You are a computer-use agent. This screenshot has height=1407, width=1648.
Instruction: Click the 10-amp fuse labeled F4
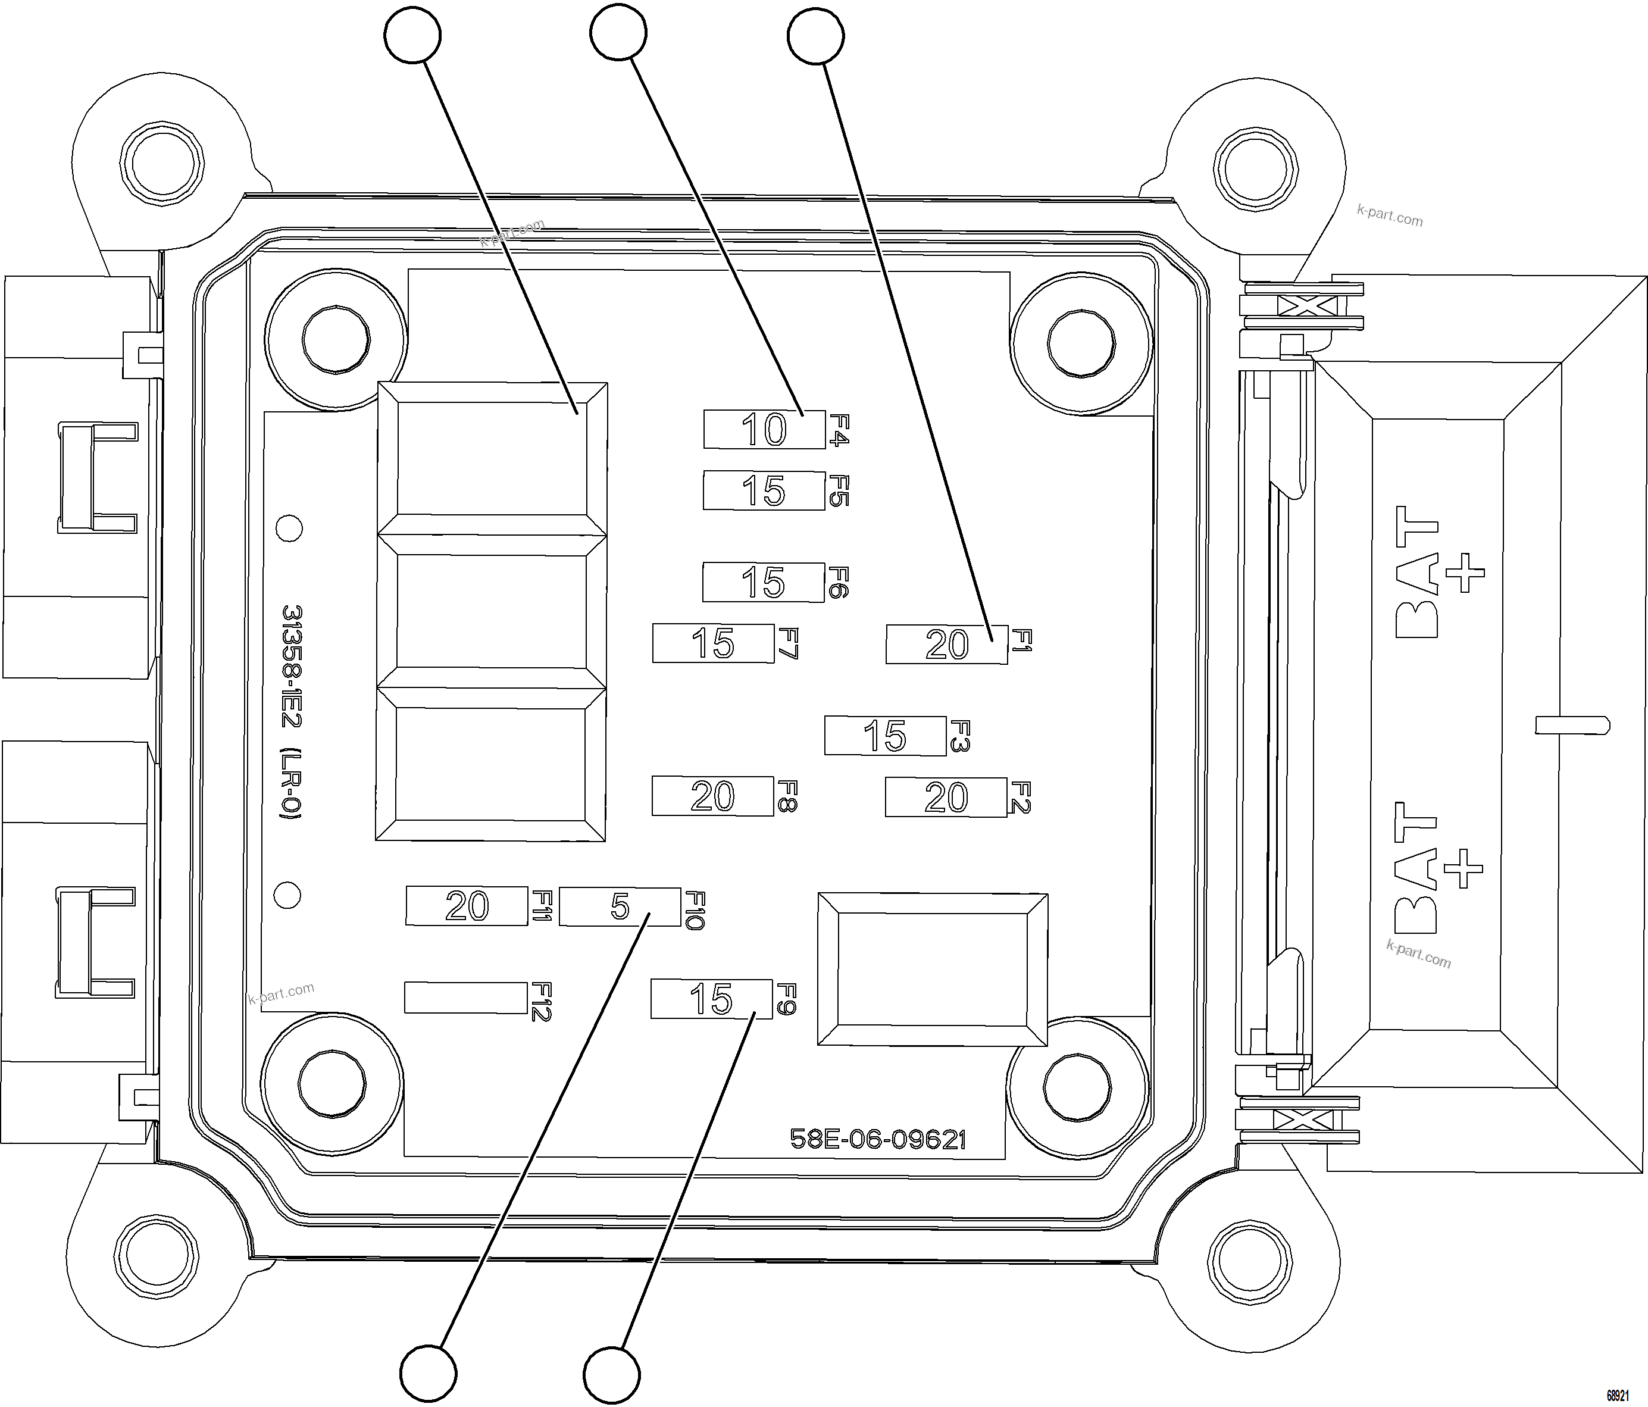(x=764, y=430)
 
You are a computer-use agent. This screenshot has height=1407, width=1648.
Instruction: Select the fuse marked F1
(x=946, y=643)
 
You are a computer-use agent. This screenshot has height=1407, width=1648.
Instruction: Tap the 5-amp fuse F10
(x=620, y=906)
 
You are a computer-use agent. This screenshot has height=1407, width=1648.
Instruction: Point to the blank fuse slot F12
(x=465, y=998)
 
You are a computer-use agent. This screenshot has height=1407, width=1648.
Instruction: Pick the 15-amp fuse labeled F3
(x=885, y=736)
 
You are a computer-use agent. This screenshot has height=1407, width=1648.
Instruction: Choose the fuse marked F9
(x=711, y=999)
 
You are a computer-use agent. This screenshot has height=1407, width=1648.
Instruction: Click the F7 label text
(x=787, y=643)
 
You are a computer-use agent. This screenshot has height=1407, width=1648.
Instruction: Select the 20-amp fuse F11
(x=466, y=906)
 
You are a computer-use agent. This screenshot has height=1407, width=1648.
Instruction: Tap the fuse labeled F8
(x=712, y=796)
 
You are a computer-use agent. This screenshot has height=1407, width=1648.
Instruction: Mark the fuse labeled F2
(x=946, y=797)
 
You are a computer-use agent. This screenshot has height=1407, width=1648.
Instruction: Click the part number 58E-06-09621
(x=877, y=1140)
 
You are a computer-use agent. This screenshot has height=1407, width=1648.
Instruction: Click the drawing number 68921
(x=1618, y=1395)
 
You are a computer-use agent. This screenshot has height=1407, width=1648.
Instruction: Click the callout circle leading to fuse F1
(x=815, y=36)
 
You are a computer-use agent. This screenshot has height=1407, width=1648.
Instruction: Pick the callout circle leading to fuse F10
(x=428, y=1374)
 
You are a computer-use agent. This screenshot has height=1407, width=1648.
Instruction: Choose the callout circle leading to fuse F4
(x=618, y=32)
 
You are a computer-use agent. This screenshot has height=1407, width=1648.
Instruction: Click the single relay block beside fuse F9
(x=932, y=969)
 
